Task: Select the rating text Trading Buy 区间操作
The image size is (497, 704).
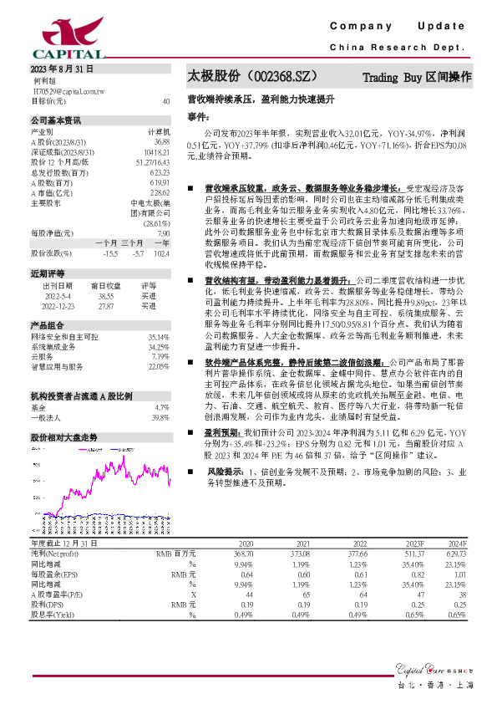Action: [x=417, y=77]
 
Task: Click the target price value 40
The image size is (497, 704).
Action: [x=166, y=100]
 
